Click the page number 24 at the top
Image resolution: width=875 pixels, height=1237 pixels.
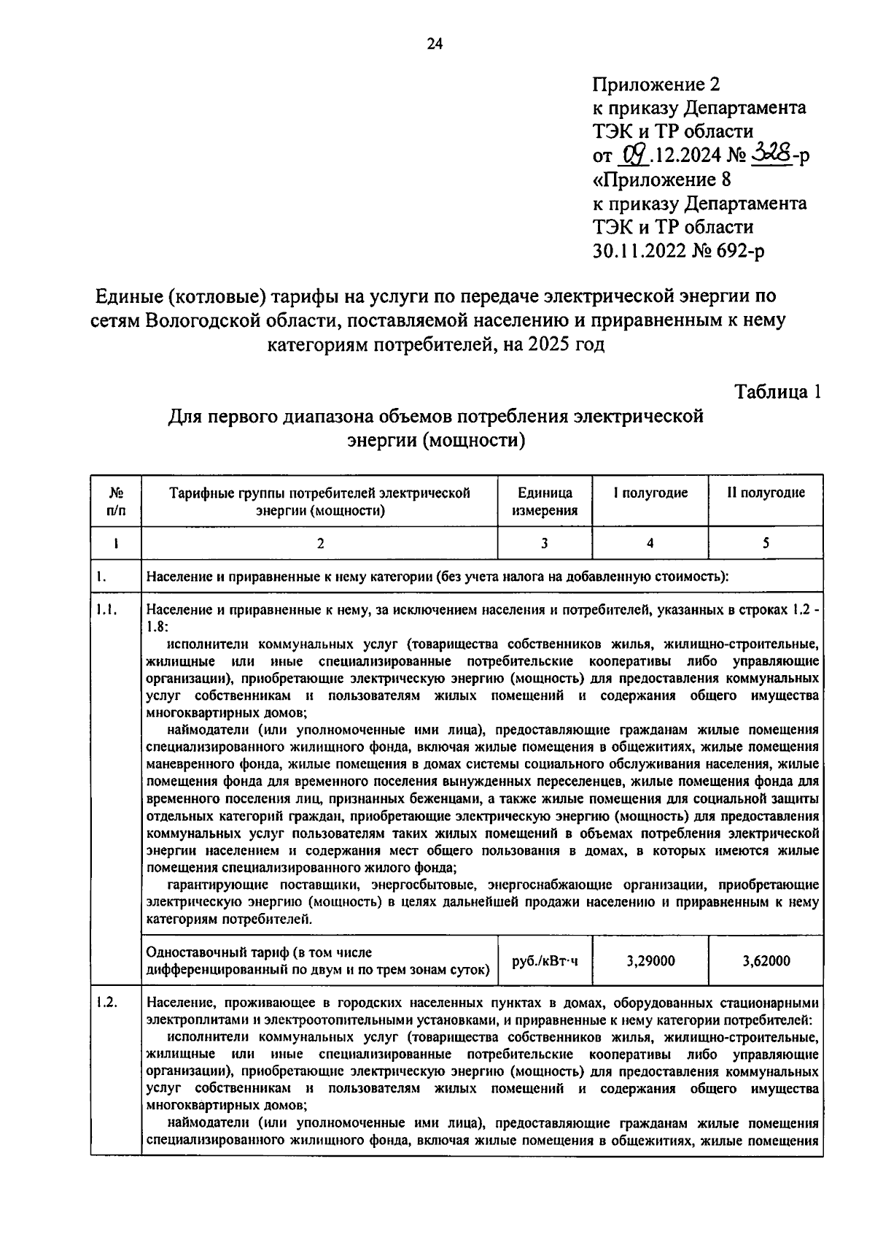(x=435, y=45)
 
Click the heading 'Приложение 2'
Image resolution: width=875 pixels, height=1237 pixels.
(x=656, y=84)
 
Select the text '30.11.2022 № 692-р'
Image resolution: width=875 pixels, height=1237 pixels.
(x=678, y=250)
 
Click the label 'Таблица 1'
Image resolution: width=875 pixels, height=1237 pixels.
(x=778, y=392)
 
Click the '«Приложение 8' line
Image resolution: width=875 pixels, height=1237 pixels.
(x=661, y=179)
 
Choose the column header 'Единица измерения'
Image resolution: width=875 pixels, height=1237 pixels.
(x=544, y=501)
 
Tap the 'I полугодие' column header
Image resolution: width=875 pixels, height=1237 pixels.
(x=650, y=493)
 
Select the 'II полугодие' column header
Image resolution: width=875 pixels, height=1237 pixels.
(x=766, y=493)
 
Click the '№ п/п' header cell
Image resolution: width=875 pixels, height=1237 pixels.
(x=115, y=501)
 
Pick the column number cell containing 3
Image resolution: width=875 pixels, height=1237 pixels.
(x=544, y=543)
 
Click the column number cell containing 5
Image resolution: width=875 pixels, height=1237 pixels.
(x=766, y=543)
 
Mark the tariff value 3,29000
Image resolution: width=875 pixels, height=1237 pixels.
(x=650, y=961)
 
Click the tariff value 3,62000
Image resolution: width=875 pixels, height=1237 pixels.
(x=766, y=961)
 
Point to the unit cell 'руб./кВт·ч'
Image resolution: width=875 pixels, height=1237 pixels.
(x=545, y=961)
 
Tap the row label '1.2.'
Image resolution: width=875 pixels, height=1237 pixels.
(x=106, y=1002)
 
